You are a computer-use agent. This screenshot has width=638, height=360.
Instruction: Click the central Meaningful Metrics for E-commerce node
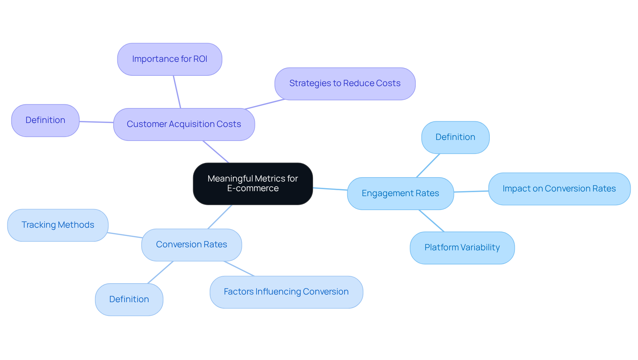click(x=253, y=183)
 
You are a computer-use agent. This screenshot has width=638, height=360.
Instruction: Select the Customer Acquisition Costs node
click(x=184, y=124)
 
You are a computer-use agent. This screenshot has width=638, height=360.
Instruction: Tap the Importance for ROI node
click(x=169, y=59)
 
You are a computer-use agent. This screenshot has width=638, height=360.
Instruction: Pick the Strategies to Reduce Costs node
click(x=345, y=83)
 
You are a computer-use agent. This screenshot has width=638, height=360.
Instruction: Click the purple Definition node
click(x=45, y=120)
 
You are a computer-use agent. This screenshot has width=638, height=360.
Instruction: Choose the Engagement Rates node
click(x=400, y=193)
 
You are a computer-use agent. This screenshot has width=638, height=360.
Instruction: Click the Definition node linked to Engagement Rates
click(x=455, y=137)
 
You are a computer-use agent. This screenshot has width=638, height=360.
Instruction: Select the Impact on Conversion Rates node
click(x=559, y=189)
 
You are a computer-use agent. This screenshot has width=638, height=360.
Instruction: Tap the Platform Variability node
click(x=462, y=248)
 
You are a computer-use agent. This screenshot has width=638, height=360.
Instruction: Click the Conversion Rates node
click(x=191, y=245)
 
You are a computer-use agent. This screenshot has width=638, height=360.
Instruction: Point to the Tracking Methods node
click(x=58, y=225)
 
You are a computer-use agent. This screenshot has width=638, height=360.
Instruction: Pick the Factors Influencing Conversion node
click(x=286, y=292)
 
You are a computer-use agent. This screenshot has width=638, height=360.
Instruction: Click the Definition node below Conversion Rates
click(x=129, y=300)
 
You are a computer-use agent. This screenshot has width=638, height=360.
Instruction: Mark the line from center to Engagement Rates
click(x=330, y=189)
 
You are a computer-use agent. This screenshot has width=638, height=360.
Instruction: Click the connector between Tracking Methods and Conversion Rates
click(x=125, y=235)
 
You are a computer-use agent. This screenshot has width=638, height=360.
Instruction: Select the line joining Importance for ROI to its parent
click(x=177, y=92)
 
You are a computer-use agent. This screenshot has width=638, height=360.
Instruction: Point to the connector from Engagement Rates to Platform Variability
click(x=431, y=221)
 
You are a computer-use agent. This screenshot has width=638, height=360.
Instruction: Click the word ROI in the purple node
click(x=200, y=59)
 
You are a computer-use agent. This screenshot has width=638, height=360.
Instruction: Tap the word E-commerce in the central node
click(x=253, y=188)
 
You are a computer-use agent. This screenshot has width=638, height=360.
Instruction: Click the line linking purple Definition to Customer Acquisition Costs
click(x=96, y=122)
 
